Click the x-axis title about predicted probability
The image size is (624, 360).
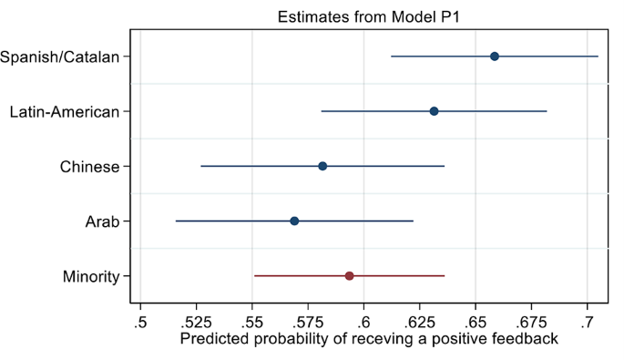[x=369, y=339]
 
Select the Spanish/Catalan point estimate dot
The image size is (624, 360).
[x=495, y=57]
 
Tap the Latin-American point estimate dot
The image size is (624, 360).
[x=434, y=111]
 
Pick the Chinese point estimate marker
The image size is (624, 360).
[x=322, y=166]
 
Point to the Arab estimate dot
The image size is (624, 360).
[x=294, y=221]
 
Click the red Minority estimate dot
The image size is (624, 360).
[x=349, y=275]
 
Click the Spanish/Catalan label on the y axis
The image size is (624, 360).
[x=60, y=57]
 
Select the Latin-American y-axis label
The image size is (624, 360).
[x=65, y=112]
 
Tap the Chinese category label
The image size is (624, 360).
[x=89, y=167]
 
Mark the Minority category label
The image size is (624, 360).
[x=91, y=276]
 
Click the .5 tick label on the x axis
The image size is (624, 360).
[x=139, y=321]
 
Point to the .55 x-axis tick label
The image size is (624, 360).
[x=252, y=321]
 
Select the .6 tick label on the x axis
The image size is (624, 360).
[x=363, y=321]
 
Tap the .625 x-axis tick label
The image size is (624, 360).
[x=419, y=321]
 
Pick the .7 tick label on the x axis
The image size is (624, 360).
[x=588, y=321]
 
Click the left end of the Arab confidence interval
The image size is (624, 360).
[x=176, y=221]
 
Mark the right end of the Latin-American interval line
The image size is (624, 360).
[x=547, y=111]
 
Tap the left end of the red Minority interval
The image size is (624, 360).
[x=254, y=275]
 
